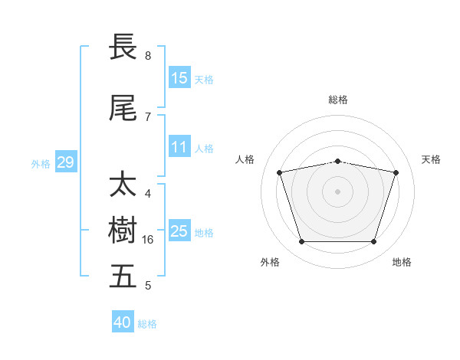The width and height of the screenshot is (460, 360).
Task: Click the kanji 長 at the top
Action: pos(123,46)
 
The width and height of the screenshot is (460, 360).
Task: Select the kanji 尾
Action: pos(123,108)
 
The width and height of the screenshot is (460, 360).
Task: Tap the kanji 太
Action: pos(123,183)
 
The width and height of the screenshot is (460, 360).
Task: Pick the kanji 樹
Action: pos(123,230)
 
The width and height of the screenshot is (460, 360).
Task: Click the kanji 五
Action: pos(123,276)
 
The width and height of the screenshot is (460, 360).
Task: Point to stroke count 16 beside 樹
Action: pos(147,240)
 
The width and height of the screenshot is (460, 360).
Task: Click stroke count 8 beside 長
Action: pos(148,55)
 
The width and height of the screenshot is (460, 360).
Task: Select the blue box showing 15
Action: pos(179,77)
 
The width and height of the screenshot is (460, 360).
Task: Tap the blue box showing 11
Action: pos(179,146)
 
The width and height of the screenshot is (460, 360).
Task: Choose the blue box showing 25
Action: pos(179,230)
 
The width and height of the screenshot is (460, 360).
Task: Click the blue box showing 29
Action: pos(66,162)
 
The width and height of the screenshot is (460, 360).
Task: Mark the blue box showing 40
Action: pos(123,321)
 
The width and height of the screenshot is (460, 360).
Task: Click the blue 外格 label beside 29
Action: pos(41,164)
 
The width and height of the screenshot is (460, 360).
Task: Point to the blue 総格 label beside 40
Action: pos(147,324)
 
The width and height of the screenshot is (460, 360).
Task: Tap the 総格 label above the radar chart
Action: pos(338,100)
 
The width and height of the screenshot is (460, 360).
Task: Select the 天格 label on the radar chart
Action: pos(431,159)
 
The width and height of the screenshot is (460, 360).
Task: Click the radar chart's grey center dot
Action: pos(337,191)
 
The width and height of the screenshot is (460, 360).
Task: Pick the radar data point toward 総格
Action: pos(337,162)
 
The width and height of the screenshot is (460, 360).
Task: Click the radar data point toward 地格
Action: pos(373,241)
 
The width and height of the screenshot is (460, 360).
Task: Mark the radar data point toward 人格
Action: pos(279,172)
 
